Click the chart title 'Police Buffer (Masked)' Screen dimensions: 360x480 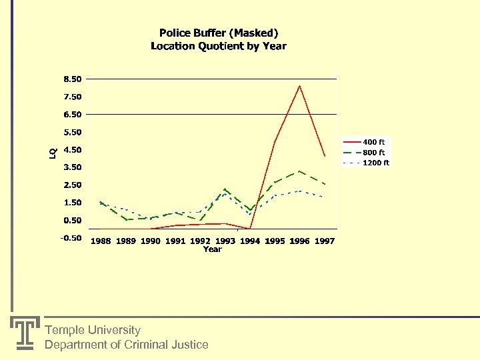pyautogui.click(x=219, y=33)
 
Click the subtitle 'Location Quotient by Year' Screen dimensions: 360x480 pyautogui.click(x=219, y=46)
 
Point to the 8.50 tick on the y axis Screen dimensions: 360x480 pyautogui.click(x=72, y=79)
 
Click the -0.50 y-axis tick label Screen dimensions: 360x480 pyautogui.click(x=71, y=238)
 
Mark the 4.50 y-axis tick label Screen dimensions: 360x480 pyautogui.click(x=72, y=149)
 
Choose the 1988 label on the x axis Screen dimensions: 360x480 pyautogui.click(x=101, y=241)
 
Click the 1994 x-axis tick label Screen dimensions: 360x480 pyautogui.click(x=250, y=241)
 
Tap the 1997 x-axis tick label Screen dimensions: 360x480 pyautogui.click(x=325, y=241)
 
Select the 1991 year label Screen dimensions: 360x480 pyautogui.click(x=175, y=241)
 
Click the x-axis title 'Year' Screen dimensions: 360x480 pyautogui.click(x=212, y=249)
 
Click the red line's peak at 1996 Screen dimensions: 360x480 pyautogui.click(x=299, y=85)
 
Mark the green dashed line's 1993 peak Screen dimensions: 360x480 pyautogui.click(x=225, y=189)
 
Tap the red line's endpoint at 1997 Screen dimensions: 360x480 pyautogui.click(x=325, y=156)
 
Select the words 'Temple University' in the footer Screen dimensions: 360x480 pyautogui.click(x=93, y=330)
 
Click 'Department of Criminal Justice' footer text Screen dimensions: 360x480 pyautogui.click(x=126, y=345)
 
